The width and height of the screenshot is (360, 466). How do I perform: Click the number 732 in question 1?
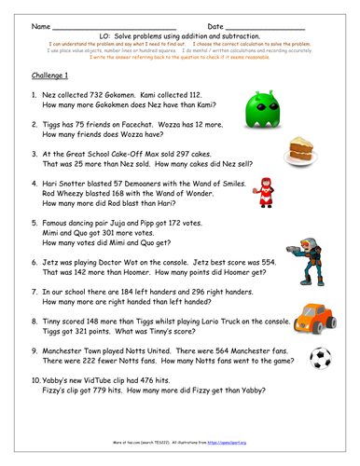click(119, 95)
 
